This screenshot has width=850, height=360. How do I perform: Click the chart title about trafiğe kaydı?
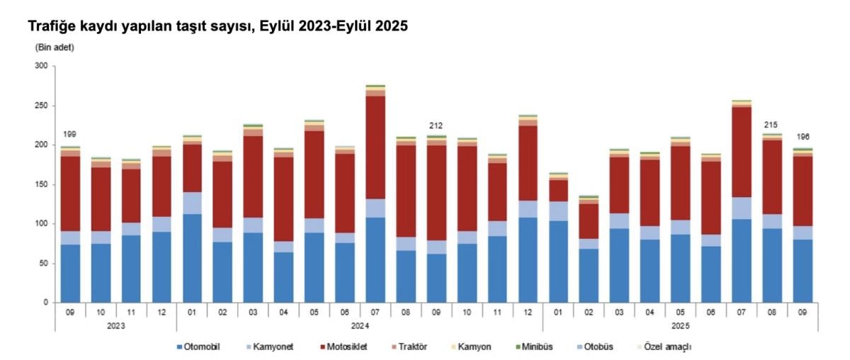(x=218, y=26)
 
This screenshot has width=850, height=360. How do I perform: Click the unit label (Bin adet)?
(x=55, y=47)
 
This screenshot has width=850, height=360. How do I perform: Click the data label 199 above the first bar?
(x=69, y=134)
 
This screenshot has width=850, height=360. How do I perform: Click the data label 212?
(x=436, y=126)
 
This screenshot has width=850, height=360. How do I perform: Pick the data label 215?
(x=771, y=125)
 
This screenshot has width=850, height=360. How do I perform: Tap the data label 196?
(x=802, y=137)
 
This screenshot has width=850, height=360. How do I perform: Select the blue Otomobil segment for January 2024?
(x=191, y=258)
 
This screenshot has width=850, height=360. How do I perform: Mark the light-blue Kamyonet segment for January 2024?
(x=191, y=203)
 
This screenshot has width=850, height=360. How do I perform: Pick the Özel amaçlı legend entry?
(x=666, y=347)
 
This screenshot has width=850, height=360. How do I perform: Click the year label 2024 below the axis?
(x=359, y=326)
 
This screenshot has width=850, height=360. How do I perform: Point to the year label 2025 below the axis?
(x=679, y=326)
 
